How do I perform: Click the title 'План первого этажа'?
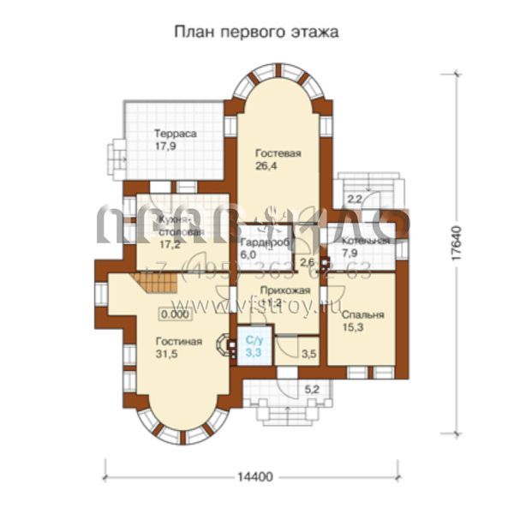257,32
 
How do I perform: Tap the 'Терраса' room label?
176,134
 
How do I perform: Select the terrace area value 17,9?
166,146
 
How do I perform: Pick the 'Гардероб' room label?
263,242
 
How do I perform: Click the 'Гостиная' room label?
178,342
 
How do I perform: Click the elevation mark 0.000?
174,314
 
